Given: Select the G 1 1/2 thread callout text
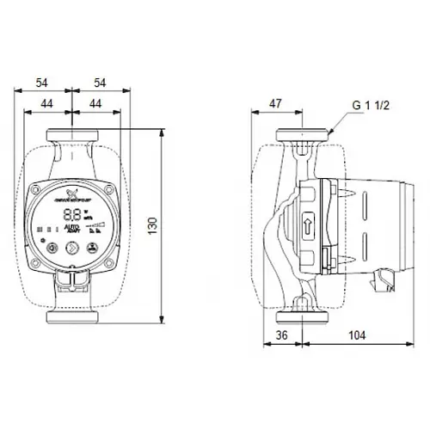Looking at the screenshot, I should [371, 107].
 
